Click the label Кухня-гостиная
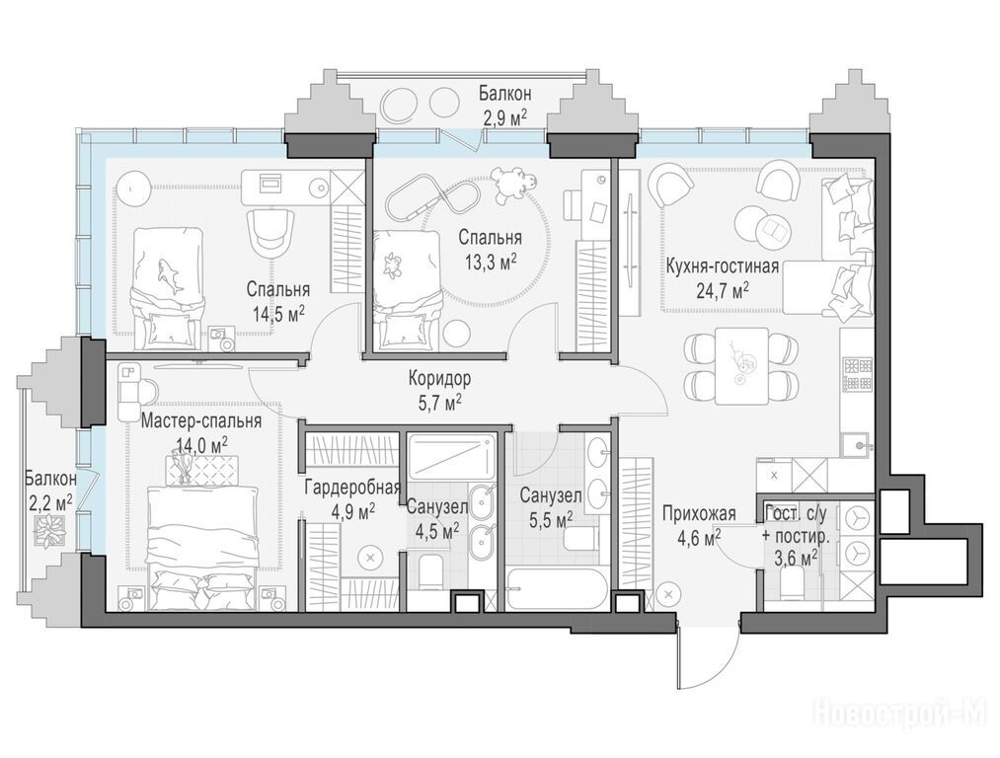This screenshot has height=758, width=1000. point(722,265)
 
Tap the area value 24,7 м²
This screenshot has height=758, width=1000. point(722,291)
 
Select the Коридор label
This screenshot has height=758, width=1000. point(440,379)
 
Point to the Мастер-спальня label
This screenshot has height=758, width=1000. point(201,421)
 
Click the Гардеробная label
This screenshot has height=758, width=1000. point(352,488)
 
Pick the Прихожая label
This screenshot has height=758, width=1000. point(699,513)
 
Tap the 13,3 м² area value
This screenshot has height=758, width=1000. point(491,262)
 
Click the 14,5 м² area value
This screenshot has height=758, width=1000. point(278,314)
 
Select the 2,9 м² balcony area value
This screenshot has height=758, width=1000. point(505,117)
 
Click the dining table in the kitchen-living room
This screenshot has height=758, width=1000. point(741,366)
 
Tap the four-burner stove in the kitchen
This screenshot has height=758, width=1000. point(858,374)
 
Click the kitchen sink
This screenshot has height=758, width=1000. point(857,444)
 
